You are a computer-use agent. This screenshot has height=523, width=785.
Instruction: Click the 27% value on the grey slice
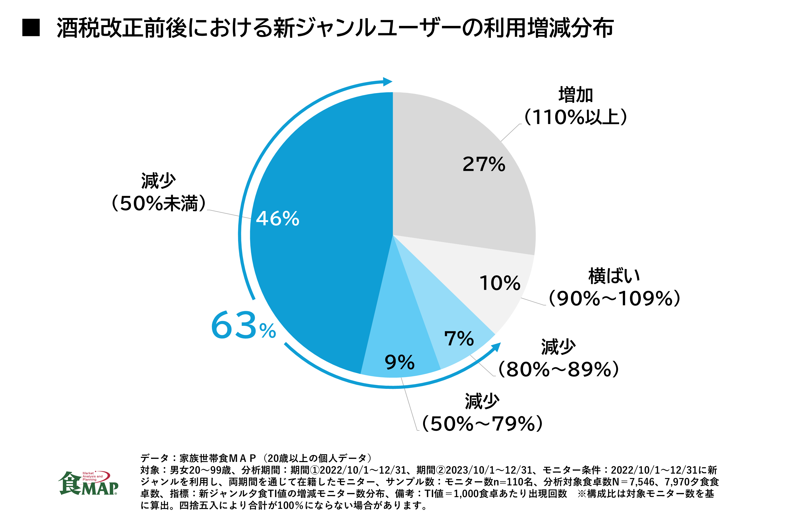coord(484,164)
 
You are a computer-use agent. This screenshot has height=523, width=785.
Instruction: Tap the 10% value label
coord(500,283)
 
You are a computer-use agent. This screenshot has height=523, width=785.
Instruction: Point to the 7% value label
coord(459,339)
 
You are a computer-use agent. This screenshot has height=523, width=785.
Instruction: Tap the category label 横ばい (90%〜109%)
coord(614,287)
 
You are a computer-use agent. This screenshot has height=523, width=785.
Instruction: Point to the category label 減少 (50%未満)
coord(158,192)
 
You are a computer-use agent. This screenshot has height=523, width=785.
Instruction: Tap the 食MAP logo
coord(88,483)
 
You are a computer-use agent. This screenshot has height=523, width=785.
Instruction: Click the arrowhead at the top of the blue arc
coord(387,82)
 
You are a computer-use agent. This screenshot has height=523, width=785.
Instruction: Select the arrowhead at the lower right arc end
coord(496,347)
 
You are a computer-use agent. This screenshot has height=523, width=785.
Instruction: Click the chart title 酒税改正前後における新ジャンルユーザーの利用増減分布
coord(335,28)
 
